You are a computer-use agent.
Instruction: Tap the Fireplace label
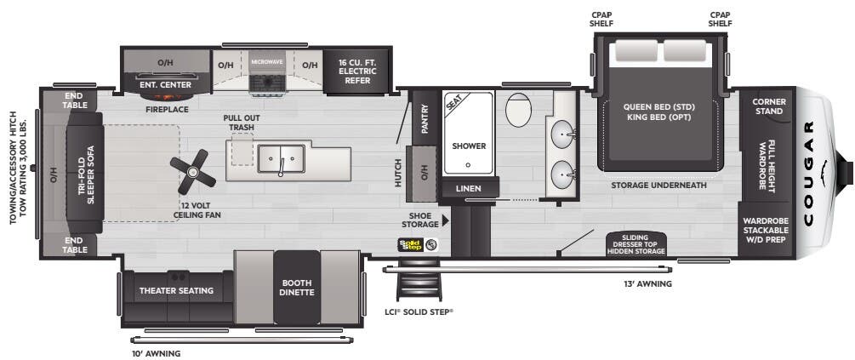tap(166, 108)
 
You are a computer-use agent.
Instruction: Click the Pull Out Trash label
tap(241, 123)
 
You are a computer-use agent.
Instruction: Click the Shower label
tap(469, 146)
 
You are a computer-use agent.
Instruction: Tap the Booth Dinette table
tap(298, 287)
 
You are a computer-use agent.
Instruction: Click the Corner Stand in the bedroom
tap(769, 106)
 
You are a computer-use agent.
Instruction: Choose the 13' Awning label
tap(648, 283)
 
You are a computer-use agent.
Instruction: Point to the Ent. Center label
tap(166, 85)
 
